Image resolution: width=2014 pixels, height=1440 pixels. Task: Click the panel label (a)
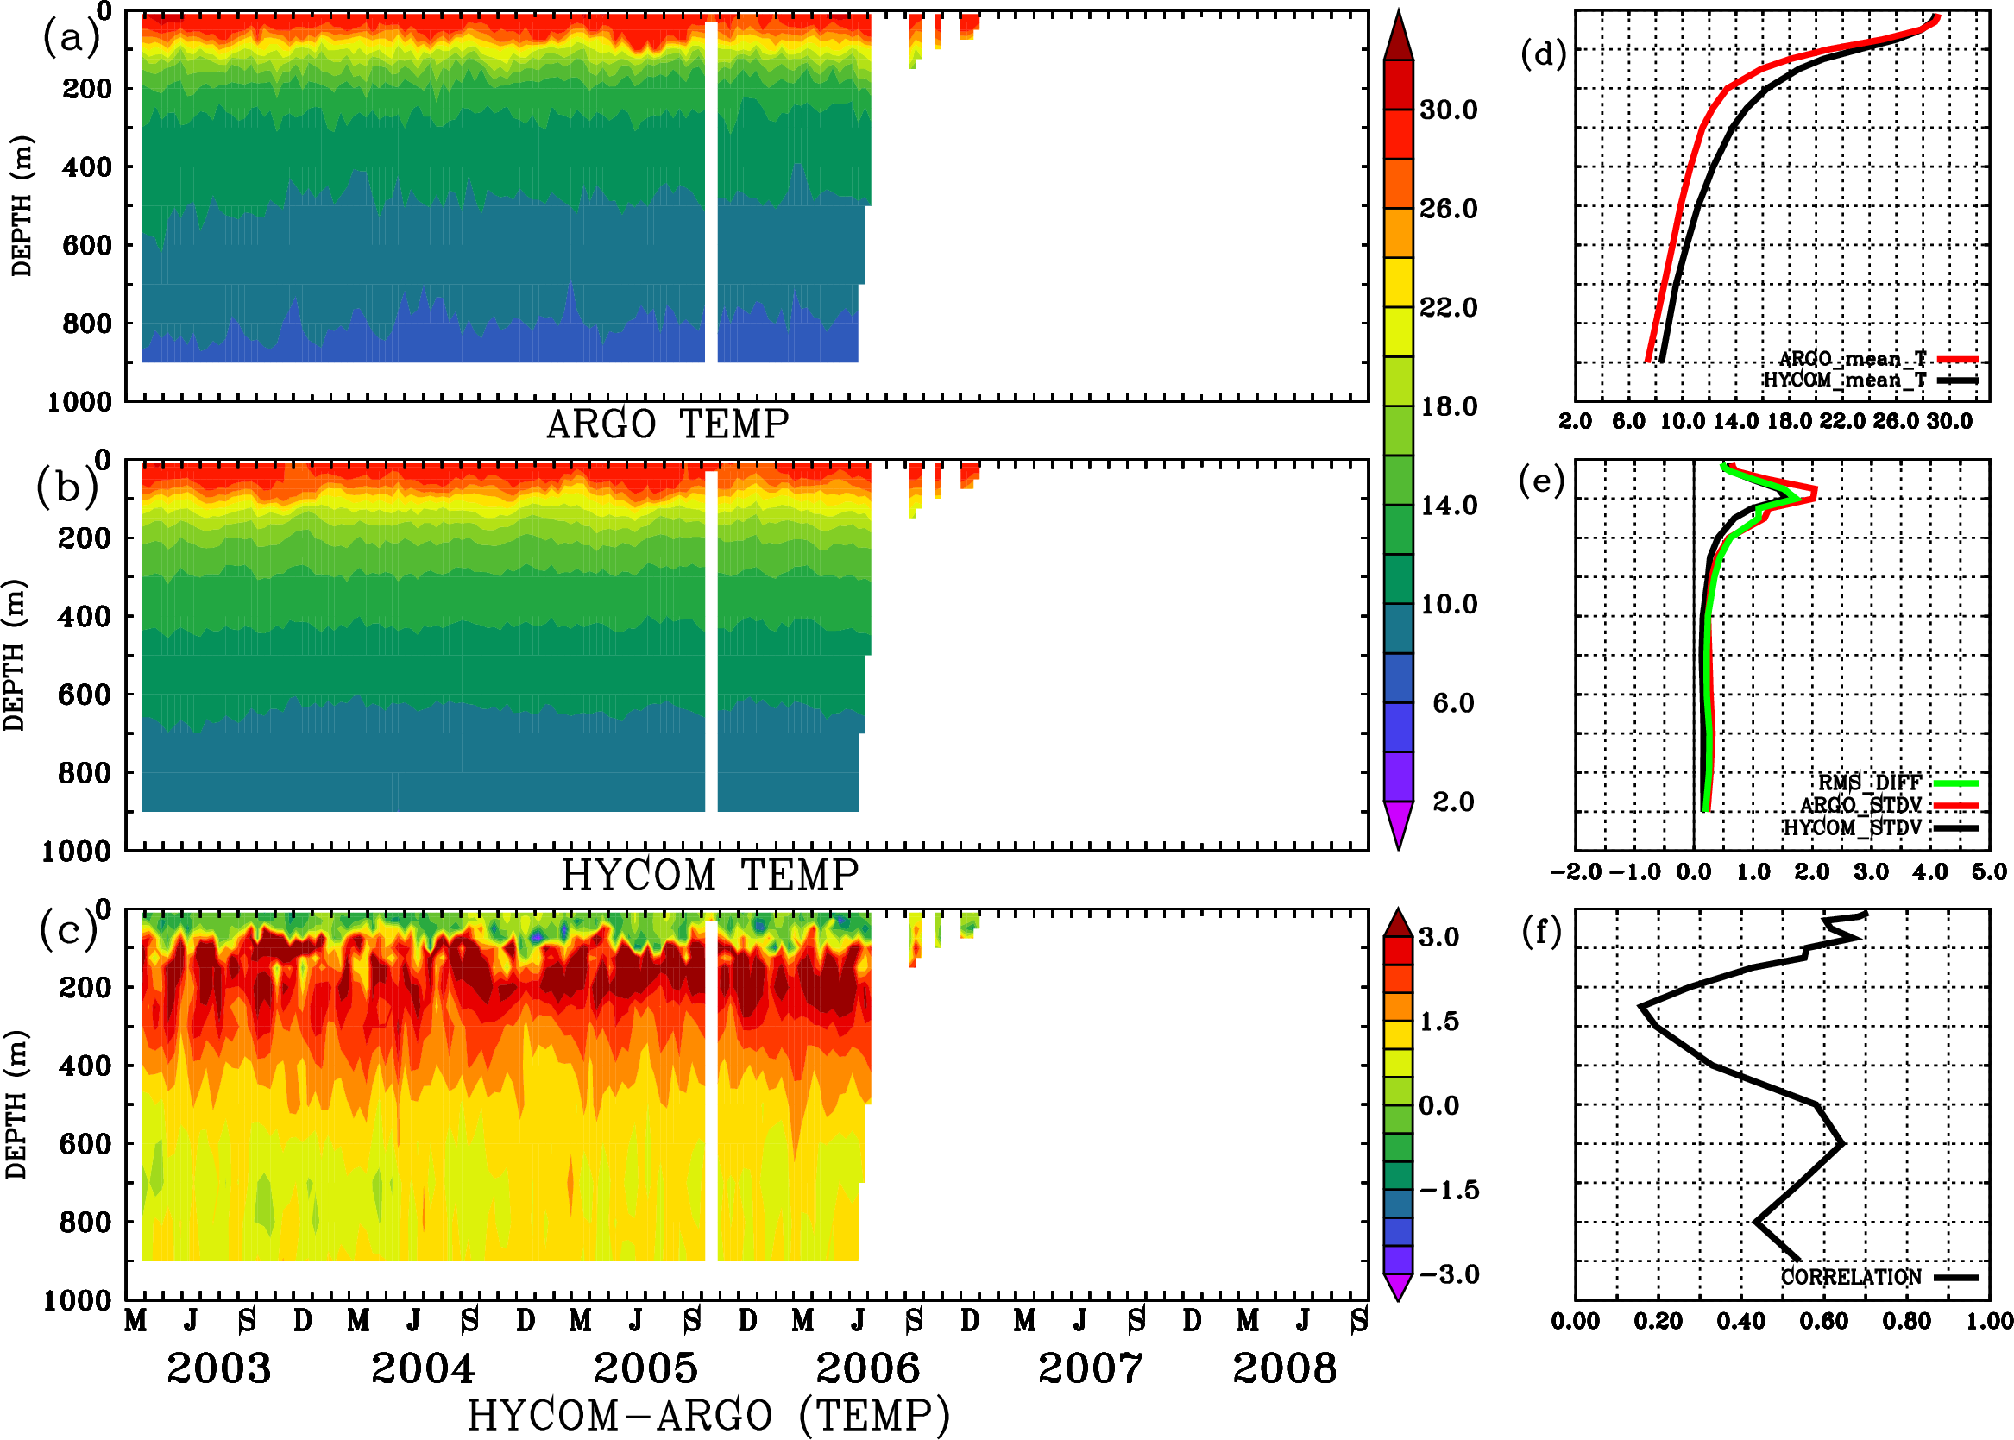[x=70, y=39]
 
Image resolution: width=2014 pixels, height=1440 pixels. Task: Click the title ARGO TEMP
[x=667, y=424]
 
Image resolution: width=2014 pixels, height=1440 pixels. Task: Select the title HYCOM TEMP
[x=710, y=875]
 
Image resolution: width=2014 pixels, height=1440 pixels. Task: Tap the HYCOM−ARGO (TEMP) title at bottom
[x=708, y=1415]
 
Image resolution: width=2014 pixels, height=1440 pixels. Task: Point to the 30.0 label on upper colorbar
[x=1448, y=110]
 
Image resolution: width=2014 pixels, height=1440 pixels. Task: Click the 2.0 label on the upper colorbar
[x=1452, y=802]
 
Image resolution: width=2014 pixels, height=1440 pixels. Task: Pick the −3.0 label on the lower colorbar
[x=1448, y=1274]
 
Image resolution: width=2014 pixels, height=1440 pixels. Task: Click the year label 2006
[x=867, y=1368]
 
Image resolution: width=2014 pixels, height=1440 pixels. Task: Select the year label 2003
[x=218, y=1368]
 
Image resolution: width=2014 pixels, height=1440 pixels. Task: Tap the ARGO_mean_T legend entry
[x=1853, y=359]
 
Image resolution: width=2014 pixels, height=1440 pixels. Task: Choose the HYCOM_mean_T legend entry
[x=1845, y=380]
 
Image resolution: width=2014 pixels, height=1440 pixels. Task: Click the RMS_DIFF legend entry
[x=1869, y=783]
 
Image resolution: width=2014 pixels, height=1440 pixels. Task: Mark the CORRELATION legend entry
[x=1852, y=1277]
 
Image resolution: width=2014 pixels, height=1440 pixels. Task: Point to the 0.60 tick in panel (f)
[x=1823, y=1322]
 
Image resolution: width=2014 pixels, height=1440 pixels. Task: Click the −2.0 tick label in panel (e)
[x=1575, y=872]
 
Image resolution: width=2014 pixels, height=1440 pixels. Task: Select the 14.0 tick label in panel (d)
[x=1735, y=421]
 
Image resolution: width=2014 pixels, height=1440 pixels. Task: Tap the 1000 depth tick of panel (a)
[x=79, y=402]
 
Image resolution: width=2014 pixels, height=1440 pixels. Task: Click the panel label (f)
[x=1541, y=931]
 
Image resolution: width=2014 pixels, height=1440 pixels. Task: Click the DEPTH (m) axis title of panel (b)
[x=14, y=654]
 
